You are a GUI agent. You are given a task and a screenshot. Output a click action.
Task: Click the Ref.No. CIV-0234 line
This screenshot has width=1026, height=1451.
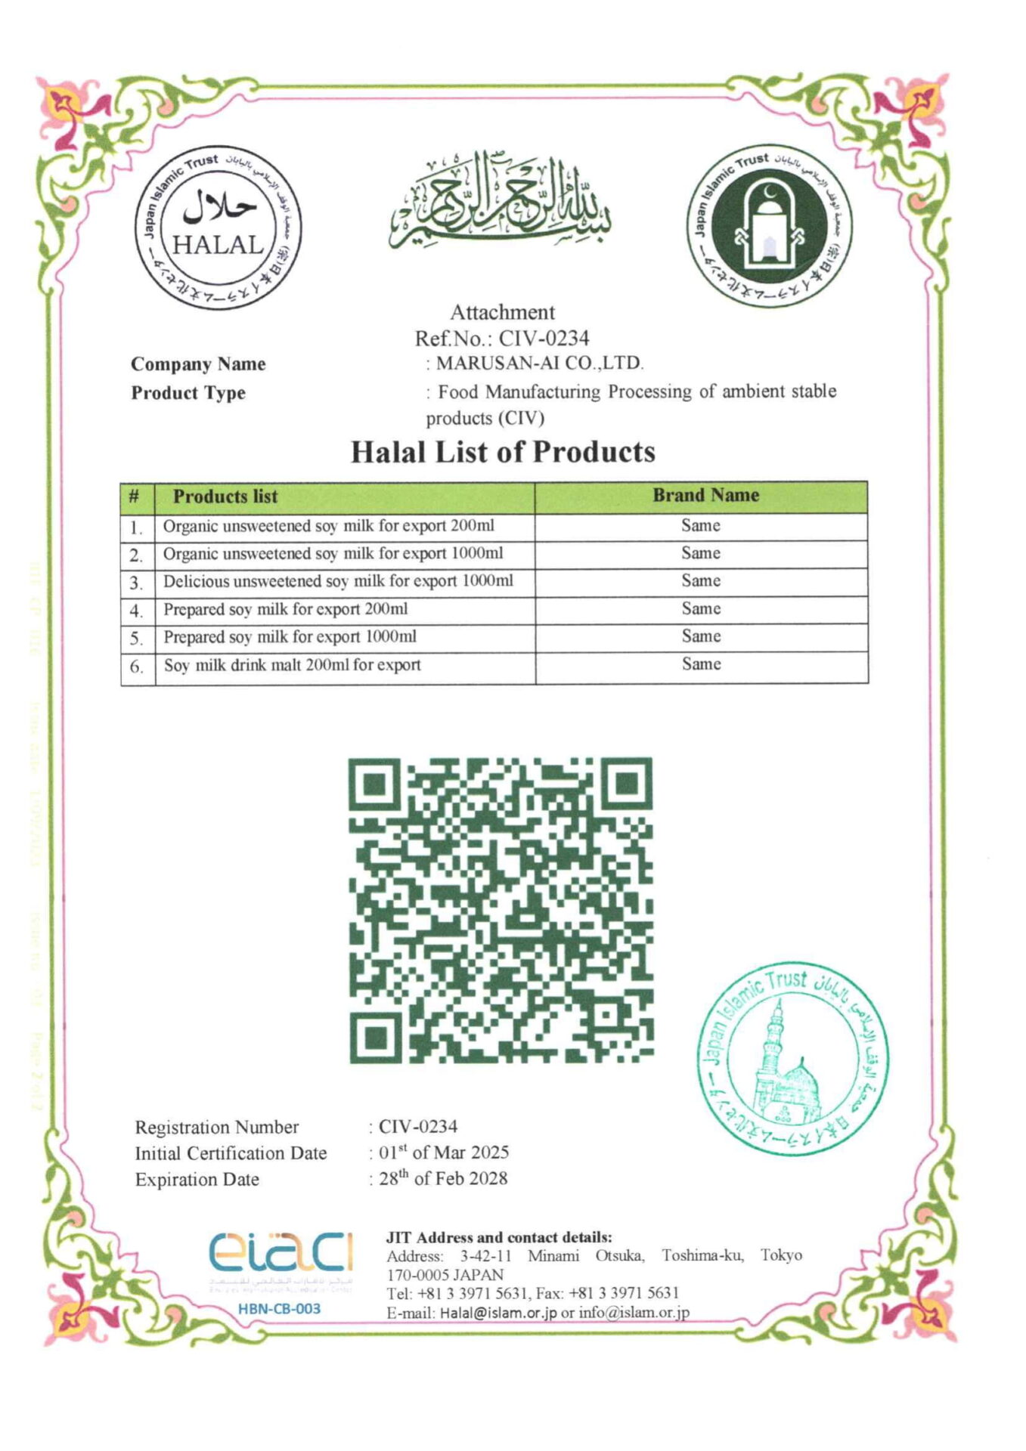502,338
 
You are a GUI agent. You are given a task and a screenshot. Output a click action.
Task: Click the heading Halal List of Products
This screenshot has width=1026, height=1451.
503,452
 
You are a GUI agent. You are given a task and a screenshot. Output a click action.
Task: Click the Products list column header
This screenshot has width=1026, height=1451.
225,497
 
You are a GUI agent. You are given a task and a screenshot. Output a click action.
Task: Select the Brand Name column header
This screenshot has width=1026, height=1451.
705,496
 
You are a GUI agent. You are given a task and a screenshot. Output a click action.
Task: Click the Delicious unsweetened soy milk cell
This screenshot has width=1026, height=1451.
338,581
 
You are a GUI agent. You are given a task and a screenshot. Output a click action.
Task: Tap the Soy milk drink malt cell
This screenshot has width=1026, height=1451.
293,665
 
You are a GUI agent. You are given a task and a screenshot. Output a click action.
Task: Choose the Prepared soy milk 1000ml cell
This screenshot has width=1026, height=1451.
290,637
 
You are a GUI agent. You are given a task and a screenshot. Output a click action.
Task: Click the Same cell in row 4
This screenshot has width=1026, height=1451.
701,609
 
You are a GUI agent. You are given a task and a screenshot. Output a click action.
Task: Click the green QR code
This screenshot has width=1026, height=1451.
501,910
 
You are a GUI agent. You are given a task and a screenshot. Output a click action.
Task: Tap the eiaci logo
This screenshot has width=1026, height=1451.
281,1255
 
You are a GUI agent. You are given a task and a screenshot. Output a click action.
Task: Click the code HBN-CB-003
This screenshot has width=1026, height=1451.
279,1308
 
